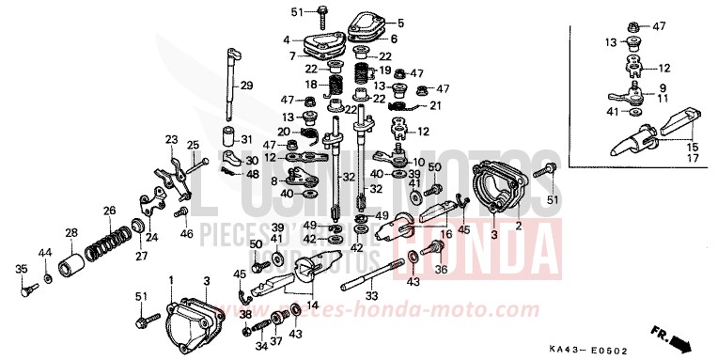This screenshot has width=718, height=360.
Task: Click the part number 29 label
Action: click(x=246, y=86)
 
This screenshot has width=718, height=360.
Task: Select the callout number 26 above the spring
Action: click(x=109, y=211)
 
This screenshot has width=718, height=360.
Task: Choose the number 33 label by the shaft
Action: click(x=372, y=297)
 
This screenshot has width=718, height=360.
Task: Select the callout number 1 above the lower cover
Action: click(x=170, y=281)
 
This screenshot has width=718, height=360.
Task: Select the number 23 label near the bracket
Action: click(x=171, y=139)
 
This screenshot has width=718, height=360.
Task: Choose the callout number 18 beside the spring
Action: click(x=310, y=85)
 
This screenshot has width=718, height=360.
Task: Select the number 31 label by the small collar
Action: click(x=247, y=139)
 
